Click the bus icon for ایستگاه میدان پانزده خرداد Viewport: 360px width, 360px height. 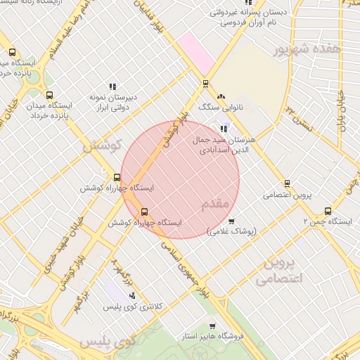point(49,95)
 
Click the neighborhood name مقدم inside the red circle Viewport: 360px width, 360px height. point(216,204)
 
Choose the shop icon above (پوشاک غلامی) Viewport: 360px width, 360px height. point(231,221)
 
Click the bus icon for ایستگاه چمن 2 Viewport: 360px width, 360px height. point(328,211)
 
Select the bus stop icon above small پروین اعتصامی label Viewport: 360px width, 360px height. point(286,184)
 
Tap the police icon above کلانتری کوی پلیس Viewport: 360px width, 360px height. point(131,295)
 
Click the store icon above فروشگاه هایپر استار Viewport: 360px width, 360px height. point(212,326)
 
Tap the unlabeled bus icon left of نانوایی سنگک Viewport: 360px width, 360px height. point(205,84)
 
